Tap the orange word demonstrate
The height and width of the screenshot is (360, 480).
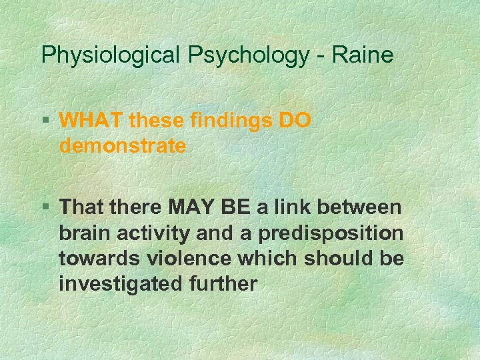pyautogui.click(x=123, y=146)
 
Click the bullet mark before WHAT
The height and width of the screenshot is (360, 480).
pyautogui.click(x=47, y=121)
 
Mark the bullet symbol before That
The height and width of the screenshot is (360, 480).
pyautogui.click(x=47, y=208)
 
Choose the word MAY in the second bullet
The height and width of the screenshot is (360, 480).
pyautogui.click(x=192, y=208)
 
